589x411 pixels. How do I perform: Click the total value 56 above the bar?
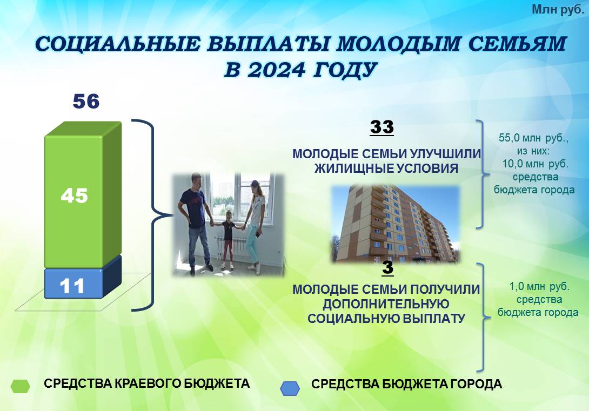(x=86, y=102)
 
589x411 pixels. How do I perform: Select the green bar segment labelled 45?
(x=83, y=195)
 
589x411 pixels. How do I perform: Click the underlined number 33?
(x=382, y=127)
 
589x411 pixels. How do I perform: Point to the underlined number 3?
(x=387, y=267)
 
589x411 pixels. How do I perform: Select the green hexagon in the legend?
(x=21, y=386)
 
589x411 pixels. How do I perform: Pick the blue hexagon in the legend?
(x=290, y=388)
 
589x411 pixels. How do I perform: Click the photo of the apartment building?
(x=396, y=224)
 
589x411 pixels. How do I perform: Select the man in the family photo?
(x=195, y=224)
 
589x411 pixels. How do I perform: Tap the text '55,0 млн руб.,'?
(x=533, y=138)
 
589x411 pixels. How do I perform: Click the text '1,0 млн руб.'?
(x=539, y=287)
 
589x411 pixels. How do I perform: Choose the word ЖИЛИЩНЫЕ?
(x=346, y=168)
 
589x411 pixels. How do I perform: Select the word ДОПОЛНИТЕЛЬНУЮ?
(x=386, y=304)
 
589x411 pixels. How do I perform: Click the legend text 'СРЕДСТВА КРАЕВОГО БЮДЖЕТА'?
(x=147, y=383)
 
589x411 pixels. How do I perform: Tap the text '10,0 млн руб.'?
(x=536, y=164)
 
